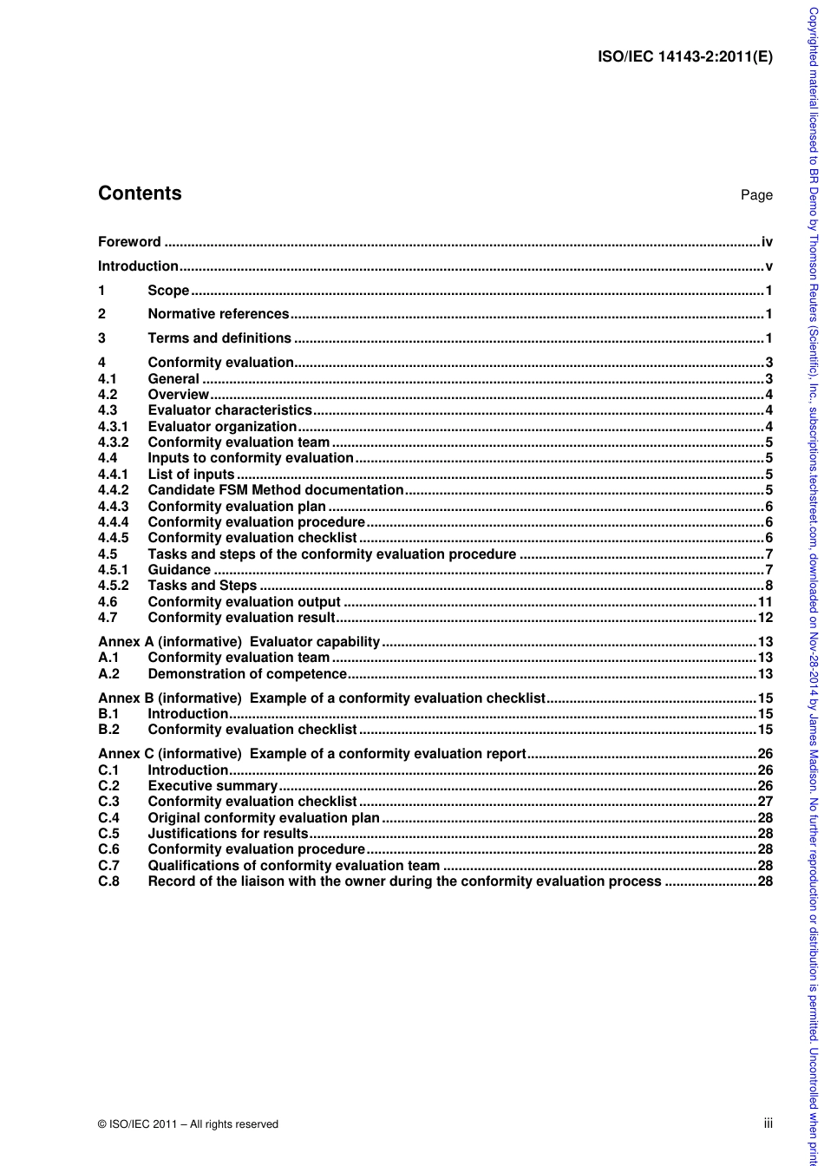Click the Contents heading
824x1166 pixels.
(x=140, y=193)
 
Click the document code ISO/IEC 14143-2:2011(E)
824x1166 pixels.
(x=685, y=58)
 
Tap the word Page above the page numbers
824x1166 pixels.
(x=756, y=195)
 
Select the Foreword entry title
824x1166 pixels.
(x=129, y=242)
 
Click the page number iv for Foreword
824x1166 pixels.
(x=767, y=242)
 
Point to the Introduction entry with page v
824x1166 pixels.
(x=138, y=266)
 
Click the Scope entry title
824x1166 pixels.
(x=168, y=291)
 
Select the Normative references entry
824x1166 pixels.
(x=219, y=314)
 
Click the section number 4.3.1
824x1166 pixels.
(x=113, y=426)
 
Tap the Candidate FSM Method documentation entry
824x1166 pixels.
(x=276, y=490)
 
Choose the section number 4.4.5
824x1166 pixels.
(x=113, y=538)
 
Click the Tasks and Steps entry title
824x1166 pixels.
(x=202, y=586)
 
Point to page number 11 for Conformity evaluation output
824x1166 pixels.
(x=765, y=601)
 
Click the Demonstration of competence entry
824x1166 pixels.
(x=247, y=673)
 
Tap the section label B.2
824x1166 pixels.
(x=108, y=730)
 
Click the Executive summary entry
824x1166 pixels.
(x=213, y=786)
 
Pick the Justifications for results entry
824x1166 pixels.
(x=228, y=834)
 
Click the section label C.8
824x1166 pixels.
(x=108, y=881)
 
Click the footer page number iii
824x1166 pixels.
(x=768, y=1123)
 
